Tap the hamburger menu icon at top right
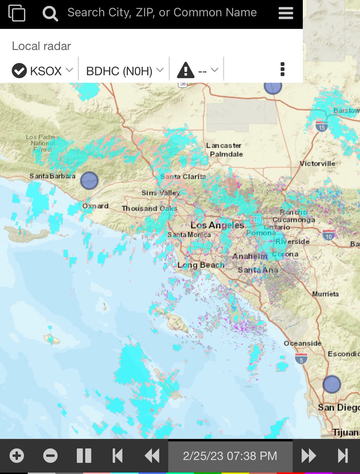[286, 13]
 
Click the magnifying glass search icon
[51, 14]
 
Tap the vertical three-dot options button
[282, 69]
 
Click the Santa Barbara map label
[52, 176]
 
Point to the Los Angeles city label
[217, 226]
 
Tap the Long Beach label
[201, 265]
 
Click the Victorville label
[317, 164]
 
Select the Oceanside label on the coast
[302, 344]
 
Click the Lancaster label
[224, 146]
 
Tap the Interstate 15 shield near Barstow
[321, 126]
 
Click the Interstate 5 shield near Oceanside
[301, 359]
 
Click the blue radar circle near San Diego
[332, 384]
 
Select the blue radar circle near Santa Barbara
[89, 181]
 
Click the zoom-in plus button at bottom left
[17, 456]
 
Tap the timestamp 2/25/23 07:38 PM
[230, 456]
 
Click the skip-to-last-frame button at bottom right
[343, 456]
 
